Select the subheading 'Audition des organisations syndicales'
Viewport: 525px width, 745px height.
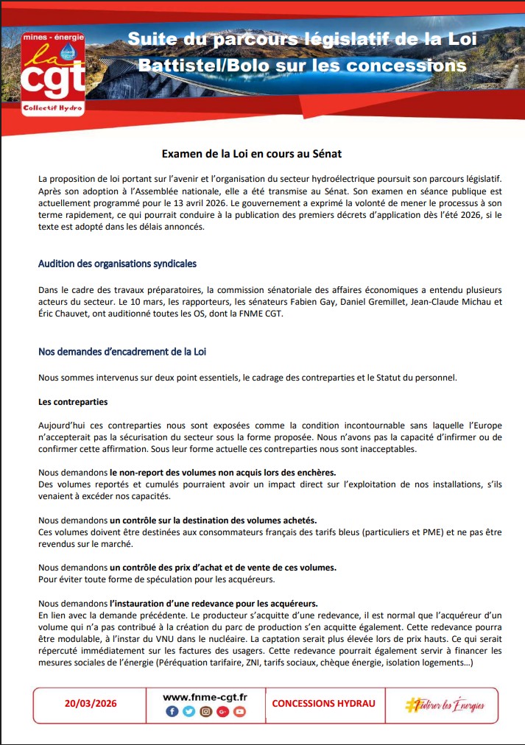pyautogui.click(x=117, y=263)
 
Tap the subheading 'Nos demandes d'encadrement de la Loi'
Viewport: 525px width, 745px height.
pyautogui.click(x=122, y=352)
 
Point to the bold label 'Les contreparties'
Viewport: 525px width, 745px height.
pyautogui.click(x=73, y=402)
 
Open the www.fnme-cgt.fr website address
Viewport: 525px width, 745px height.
pyautogui.click(x=205, y=696)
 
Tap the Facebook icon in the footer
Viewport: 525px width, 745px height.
pyautogui.click(x=172, y=712)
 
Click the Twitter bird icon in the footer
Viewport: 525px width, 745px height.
pyautogui.click(x=188, y=712)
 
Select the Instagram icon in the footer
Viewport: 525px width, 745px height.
pyautogui.click(x=205, y=712)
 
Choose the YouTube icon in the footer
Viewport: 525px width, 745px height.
pyautogui.click(x=239, y=712)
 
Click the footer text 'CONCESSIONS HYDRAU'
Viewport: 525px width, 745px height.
pyautogui.click(x=323, y=704)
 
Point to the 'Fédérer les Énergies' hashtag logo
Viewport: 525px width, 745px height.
pyautogui.click(x=445, y=705)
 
